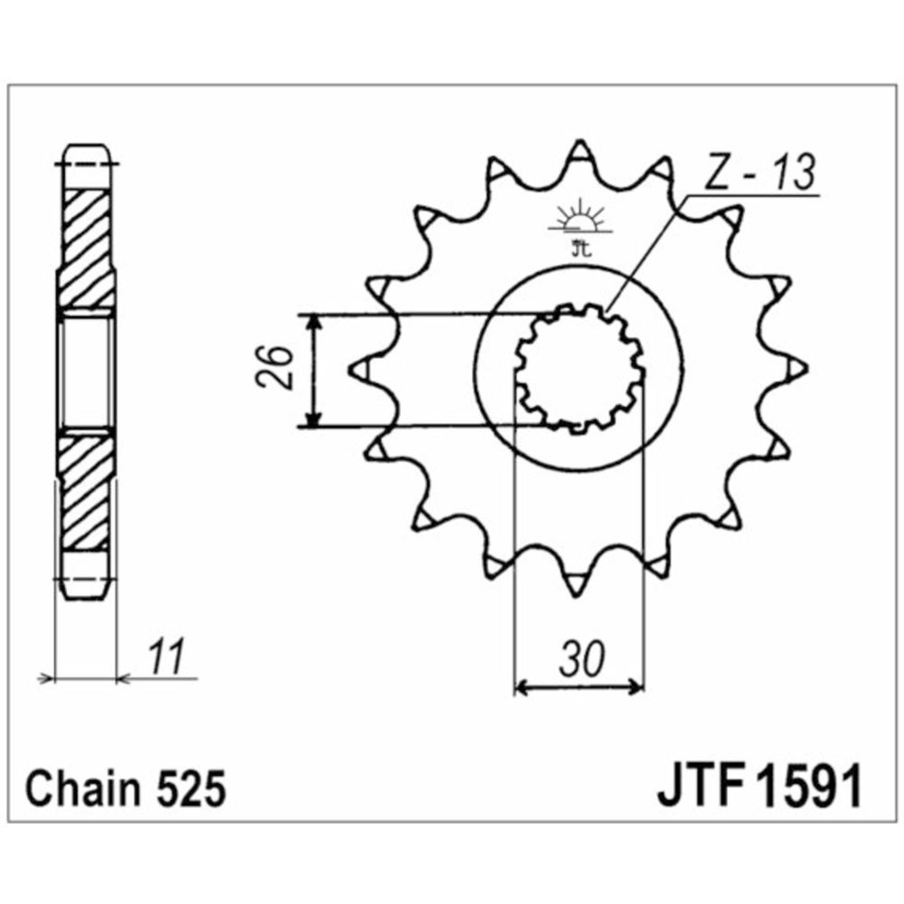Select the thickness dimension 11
[166, 656]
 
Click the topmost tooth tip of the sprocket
[579, 142]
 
